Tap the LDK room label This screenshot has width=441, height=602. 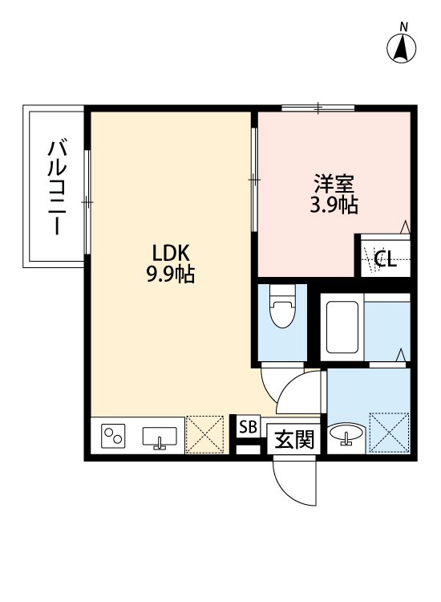click(x=170, y=253)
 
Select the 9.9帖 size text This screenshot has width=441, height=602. click(x=170, y=275)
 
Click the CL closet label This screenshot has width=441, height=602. click(x=385, y=258)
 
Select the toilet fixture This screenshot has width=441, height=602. click(x=282, y=311)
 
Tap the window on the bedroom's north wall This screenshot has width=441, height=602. click(x=318, y=107)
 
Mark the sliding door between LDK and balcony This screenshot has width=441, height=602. click(x=87, y=201)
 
